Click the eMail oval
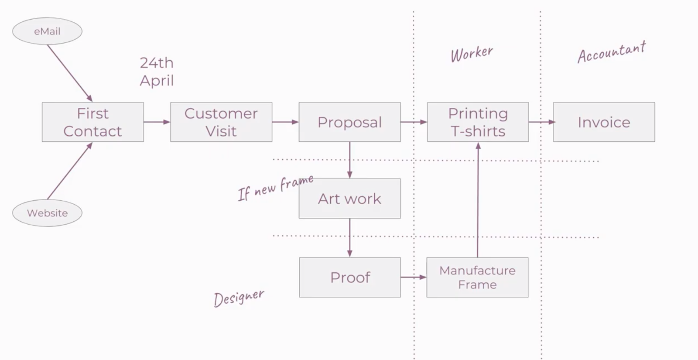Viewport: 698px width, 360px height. (x=47, y=31)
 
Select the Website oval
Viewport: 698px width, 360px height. (x=47, y=213)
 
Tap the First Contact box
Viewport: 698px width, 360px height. (x=92, y=122)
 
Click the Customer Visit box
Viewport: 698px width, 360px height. (x=221, y=122)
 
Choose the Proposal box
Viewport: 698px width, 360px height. (x=349, y=122)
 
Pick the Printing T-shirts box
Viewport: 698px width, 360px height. (x=478, y=122)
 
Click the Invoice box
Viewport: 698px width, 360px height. (x=604, y=122)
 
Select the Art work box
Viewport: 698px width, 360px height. (x=349, y=199)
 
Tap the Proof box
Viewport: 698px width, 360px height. (x=350, y=278)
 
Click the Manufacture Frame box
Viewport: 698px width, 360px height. (x=477, y=278)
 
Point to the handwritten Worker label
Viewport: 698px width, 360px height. (x=472, y=54)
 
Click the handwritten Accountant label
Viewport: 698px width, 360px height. (x=611, y=52)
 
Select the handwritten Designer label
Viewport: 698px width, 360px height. (x=239, y=298)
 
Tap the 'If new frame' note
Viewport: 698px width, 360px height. (x=275, y=188)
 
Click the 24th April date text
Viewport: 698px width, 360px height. (x=157, y=72)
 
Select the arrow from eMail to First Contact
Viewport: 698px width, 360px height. (x=70, y=73)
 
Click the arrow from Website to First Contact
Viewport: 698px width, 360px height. (x=70, y=171)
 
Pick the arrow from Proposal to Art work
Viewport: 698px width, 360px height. (x=349, y=160)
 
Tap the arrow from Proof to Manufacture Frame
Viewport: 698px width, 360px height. (x=413, y=277)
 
